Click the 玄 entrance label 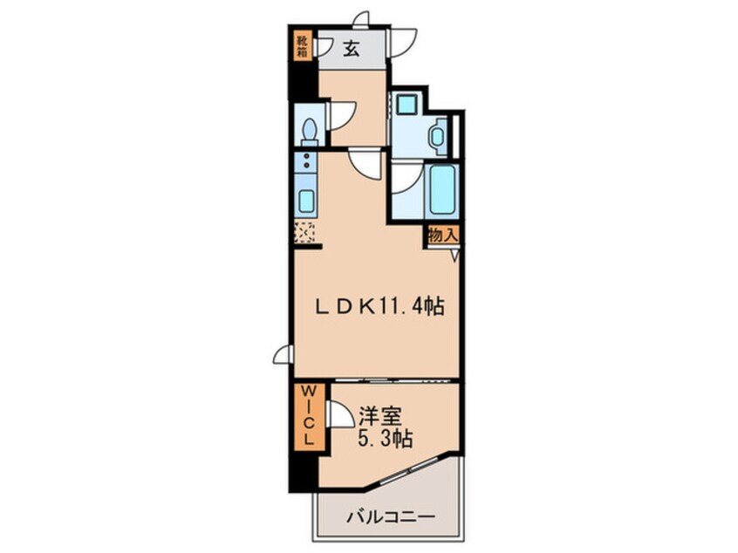tap(350, 49)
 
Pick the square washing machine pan tap(407, 106)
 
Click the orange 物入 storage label tap(442, 235)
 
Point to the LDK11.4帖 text tap(380, 306)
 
